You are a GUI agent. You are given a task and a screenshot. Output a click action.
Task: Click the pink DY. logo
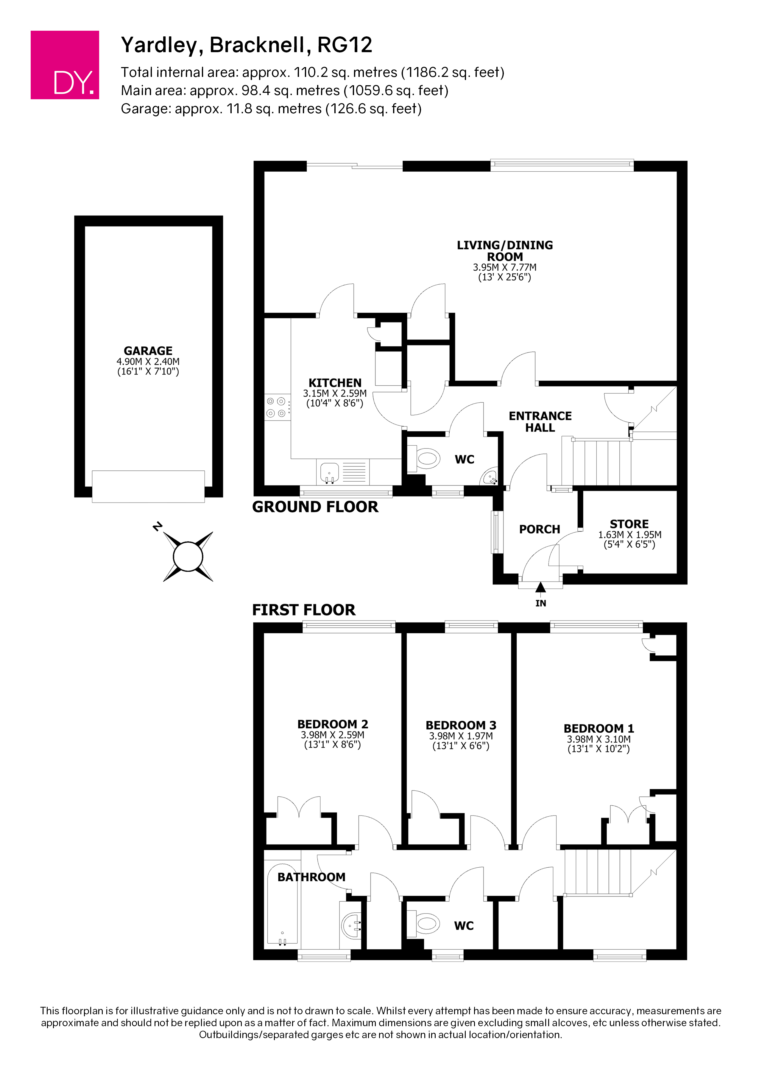[65, 65]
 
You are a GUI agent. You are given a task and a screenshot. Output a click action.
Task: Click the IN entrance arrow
[540, 587]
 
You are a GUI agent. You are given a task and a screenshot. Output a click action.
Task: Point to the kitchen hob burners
[276, 407]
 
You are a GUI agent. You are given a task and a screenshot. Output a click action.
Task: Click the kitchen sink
[329, 472]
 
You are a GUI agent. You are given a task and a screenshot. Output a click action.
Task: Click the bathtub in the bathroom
[283, 904]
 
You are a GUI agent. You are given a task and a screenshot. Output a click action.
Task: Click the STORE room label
[629, 524]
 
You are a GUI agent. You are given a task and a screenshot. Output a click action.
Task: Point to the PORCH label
[540, 529]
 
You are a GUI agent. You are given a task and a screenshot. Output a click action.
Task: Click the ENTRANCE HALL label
[540, 422]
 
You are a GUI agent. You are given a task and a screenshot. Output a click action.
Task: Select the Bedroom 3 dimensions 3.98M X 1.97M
[461, 736]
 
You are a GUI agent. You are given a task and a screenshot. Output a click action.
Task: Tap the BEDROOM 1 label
[599, 728]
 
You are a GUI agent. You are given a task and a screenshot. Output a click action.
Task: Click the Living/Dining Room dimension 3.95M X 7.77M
[504, 267]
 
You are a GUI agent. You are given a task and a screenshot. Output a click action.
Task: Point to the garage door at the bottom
[148, 486]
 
